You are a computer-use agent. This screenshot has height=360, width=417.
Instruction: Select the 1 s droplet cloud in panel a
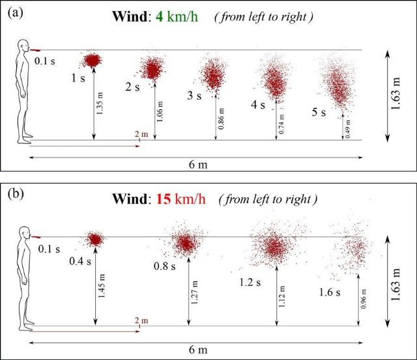click(92, 61)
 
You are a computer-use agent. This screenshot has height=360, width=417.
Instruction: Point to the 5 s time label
click(319, 112)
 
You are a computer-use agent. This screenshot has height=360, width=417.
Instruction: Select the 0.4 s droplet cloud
click(96, 239)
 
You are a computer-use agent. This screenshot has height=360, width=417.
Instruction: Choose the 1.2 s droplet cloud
click(274, 245)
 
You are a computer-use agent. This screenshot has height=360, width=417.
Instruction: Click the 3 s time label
click(194, 96)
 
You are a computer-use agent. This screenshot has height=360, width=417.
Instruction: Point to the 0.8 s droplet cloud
click(186, 243)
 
